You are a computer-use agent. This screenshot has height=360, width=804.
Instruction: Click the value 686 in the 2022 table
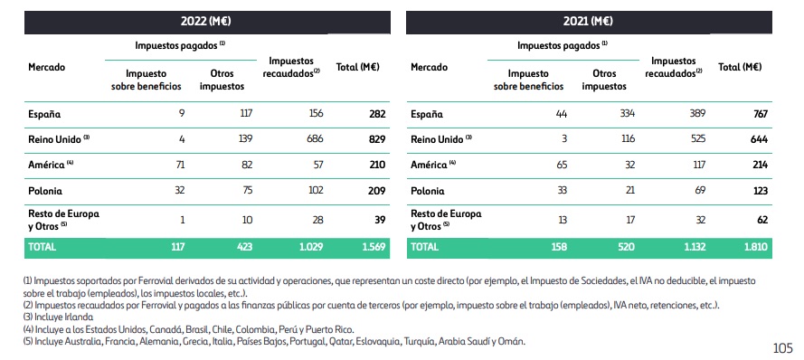(317, 139)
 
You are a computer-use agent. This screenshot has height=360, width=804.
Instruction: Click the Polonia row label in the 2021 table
(427, 191)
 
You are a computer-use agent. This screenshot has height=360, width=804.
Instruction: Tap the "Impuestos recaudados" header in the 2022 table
(292, 66)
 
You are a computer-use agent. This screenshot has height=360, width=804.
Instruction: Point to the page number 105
(784, 347)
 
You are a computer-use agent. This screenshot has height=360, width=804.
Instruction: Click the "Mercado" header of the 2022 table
(47, 67)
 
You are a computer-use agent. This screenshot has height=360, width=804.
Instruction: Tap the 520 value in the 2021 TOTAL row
(624, 245)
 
